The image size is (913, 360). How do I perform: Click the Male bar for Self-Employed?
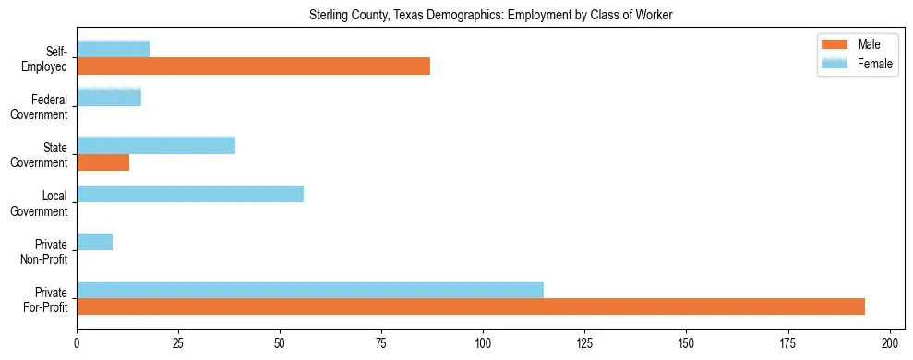pyautogui.click(x=253, y=66)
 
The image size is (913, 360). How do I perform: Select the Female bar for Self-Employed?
pyautogui.click(x=113, y=49)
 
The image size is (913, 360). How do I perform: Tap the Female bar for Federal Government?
pyautogui.click(x=109, y=97)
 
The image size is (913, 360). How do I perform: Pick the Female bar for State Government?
pyautogui.click(x=156, y=145)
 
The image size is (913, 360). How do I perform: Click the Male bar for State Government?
pyautogui.click(x=102, y=162)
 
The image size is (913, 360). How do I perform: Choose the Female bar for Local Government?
pyautogui.click(x=190, y=194)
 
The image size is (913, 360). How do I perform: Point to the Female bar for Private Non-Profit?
pyautogui.click(x=94, y=242)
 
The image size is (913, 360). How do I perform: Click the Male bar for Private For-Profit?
pyautogui.click(x=471, y=307)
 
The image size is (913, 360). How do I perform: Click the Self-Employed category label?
pyautogui.click(x=49, y=58)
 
